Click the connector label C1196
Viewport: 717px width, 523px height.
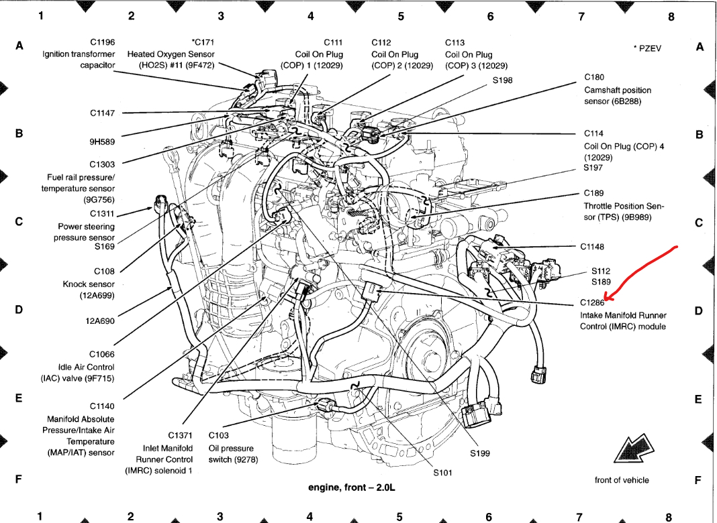(102, 42)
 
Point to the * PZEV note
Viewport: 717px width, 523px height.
(647, 48)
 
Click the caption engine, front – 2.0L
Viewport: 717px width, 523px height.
(352, 487)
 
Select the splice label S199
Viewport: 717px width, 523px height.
(480, 453)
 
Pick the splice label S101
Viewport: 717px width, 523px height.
(442, 473)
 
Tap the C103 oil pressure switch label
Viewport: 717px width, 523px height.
(219, 436)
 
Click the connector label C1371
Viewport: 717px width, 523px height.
(181, 436)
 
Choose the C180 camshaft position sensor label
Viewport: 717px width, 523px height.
(594, 77)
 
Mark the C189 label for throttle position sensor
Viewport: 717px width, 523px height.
(594, 193)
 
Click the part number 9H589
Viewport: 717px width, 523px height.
(102, 141)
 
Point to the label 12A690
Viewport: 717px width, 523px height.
(100, 321)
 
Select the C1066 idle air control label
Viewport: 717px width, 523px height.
(102, 354)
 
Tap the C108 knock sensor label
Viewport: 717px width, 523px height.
(104, 271)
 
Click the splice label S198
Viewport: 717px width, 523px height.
(502, 80)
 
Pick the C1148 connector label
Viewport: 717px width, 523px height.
(592, 246)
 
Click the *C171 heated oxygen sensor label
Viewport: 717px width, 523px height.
(203, 42)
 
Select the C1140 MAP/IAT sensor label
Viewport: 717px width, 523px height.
(102, 406)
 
